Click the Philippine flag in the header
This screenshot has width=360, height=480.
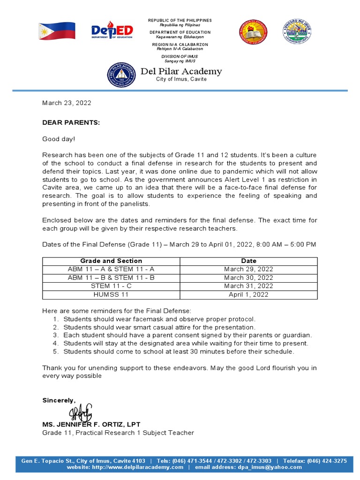coord(57,30)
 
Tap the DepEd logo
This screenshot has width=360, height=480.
coord(112,30)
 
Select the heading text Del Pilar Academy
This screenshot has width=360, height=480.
coord(181,71)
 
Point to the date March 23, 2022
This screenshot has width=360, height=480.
coord(67,103)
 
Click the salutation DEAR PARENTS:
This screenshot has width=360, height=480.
coord(71,122)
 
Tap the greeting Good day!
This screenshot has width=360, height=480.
coord(59,139)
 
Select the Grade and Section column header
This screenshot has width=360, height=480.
coord(111,261)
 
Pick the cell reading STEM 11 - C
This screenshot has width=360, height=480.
coord(111,286)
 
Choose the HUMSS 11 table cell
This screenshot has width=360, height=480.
coord(111,294)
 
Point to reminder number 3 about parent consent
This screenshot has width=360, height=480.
coord(187,335)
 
